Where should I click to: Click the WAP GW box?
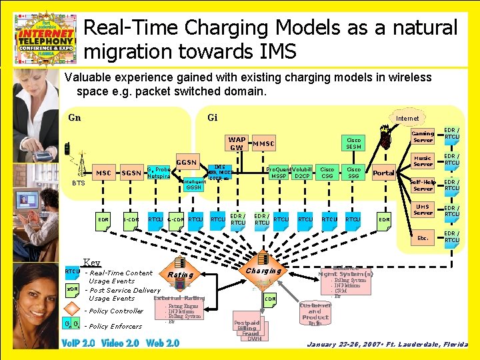pyautogui.click(x=236, y=143)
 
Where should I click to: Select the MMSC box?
pyautogui.click(x=264, y=144)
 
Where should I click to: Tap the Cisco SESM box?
pyautogui.click(x=353, y=143)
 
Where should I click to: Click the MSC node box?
pyautogui.click(x=103, y=173)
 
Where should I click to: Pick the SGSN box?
pyautogui.click(x=131, y=173)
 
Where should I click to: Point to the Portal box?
pyautogui.click(x=383, y=173)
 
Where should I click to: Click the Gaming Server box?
pyautogui.click(x=423, y=137)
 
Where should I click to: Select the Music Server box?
pyautogui.click(x=423, y=161)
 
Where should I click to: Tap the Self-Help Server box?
pyautogui.click(x=423, y=185)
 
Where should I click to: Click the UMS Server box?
pyautogui.click(x=423, y=210)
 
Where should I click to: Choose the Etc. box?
pyautogui.click(x=423, y=237)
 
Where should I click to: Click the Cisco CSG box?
pyautogui.click(x=327, y=173)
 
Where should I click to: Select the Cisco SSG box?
pyautogui.click(x=353, y=173)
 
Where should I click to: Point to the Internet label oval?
pyautogui.click(x=407, y=118)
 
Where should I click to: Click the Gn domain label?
pyautogui.click(x=75, y=118)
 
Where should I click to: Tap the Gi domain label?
pyautogui.click(x=212, y=118)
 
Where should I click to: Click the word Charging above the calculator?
pyautogui.click(x=263, y=271)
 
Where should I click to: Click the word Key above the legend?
pyautogui.click(x=91, y=263)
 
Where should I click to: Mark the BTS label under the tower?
pyautogui.click(x=79, y=183)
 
